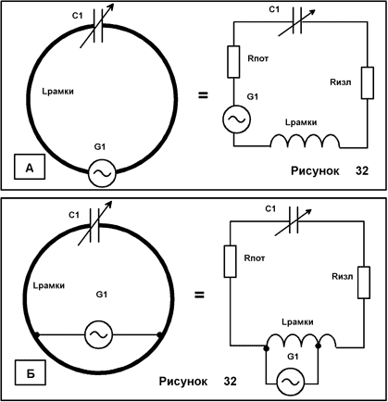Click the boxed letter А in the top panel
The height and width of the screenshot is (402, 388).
[x=30, y=168]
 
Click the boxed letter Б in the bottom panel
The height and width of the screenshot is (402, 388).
[x=30, y=373]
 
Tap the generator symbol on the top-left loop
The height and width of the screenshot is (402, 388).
[x=102, y=173]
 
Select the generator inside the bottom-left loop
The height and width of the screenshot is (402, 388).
[x=99, y=334]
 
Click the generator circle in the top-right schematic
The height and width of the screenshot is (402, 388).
[x=236, y=119]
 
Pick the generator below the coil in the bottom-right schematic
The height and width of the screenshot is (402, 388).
[x=291, y=382]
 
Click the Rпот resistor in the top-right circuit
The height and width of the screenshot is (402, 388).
[x=233, y=62]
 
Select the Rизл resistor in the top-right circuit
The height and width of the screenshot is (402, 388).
[x=368, y=82]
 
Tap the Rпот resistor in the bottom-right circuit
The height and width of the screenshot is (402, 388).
[x=230, y=261]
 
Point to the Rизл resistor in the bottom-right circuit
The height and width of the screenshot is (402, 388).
[x=364, y=283]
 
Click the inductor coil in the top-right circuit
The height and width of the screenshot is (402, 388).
[x=306, y=141]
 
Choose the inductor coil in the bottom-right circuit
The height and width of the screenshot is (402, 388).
[x=302, y=341]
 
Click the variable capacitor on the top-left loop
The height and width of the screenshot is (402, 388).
[x=97, y=26]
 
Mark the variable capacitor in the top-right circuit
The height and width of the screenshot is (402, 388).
[x=296, y=22]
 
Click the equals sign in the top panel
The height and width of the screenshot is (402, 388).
[x=203, y=95]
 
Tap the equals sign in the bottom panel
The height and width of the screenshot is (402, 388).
[x=199, y=295]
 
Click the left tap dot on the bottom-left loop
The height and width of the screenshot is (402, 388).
[x=37, y=334]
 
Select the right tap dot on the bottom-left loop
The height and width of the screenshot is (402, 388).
[x=159, y=334]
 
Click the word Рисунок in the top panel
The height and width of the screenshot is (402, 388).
[x=315, y=170]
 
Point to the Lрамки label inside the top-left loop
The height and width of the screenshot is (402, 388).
[x=57, y=92]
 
